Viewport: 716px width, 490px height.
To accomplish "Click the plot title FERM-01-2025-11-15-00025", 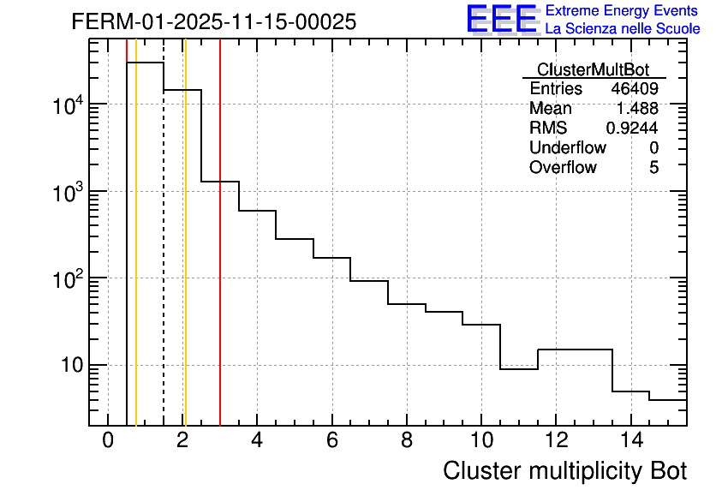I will point(214,22).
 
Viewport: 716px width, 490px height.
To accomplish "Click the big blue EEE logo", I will point(502,19).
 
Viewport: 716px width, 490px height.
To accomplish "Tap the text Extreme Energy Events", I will point(622,11).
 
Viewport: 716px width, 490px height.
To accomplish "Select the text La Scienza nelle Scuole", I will point(623,29).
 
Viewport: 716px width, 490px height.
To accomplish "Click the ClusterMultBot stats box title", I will point(593,69).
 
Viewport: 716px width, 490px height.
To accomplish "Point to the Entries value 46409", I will point(635,89).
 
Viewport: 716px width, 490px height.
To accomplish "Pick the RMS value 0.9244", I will point(632,128).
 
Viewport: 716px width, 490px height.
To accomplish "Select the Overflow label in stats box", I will point(563,167).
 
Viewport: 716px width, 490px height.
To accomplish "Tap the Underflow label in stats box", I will point(568,147).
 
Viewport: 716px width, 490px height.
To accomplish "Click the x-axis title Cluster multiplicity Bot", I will point(564,470).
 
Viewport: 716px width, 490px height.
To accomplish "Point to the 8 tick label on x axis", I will point(406,441).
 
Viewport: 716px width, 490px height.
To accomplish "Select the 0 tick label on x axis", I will point(108,441).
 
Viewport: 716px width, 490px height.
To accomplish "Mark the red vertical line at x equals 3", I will point(220,257).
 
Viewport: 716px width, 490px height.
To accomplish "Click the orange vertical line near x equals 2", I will point(185,257).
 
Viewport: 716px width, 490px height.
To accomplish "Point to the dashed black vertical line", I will point(164,257).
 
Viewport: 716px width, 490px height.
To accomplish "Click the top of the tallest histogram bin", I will point(145,63).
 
